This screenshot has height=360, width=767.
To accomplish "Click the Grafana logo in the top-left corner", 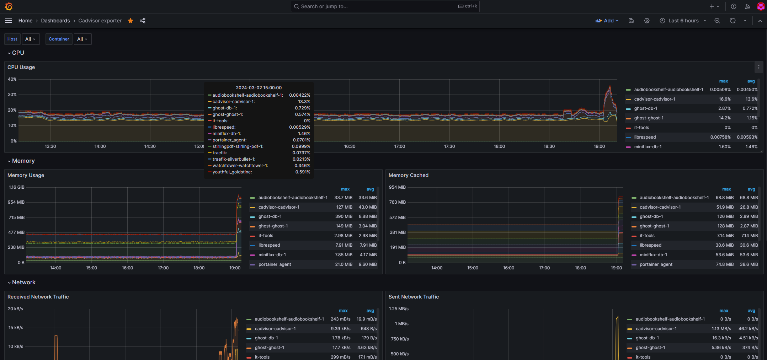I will point(9,6).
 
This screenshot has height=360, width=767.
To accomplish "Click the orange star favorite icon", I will point(131,21).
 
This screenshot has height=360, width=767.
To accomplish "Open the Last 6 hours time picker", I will point(683,21).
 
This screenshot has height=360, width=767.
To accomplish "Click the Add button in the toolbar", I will point(607,21).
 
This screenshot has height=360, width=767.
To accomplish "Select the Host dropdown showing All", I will point(31,39).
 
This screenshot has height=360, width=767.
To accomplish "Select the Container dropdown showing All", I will point(82,39).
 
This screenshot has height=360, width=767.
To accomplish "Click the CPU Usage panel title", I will point(21,67).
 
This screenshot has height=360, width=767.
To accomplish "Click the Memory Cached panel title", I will point(408,175).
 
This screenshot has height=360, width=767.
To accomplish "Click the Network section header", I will point(23,282).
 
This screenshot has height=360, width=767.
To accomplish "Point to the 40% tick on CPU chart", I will point(12,79).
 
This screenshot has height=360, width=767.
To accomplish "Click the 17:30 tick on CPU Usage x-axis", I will point(449,146).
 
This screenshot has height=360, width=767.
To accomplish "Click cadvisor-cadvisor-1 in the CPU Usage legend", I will point(654,99).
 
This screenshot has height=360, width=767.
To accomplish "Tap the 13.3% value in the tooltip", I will point(304,102).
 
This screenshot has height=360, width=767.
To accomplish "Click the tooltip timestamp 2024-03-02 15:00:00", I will point(259,88).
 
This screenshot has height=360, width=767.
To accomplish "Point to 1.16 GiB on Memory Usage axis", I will point(16,187).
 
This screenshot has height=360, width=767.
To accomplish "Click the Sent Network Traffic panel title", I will point(414,297).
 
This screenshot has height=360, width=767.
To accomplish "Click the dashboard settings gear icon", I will point(646,21).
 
